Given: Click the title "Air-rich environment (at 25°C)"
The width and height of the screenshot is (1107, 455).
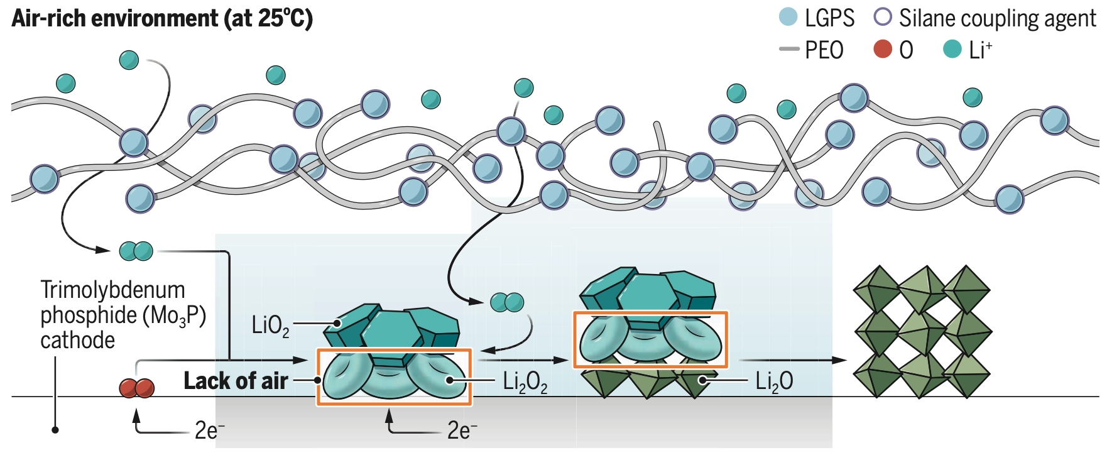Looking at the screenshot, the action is pos(162,18).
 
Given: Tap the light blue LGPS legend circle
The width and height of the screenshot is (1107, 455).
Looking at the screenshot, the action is pos(788,16).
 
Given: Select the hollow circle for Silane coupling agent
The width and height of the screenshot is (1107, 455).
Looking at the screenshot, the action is pos(883,16).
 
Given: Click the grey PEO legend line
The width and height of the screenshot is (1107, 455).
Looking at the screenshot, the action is pos(788,49).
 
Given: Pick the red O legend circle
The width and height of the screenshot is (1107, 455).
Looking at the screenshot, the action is pos(883,48).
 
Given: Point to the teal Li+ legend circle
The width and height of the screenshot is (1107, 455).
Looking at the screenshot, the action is pos(952,48).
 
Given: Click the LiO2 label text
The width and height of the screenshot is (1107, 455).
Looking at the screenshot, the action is pos(270,325).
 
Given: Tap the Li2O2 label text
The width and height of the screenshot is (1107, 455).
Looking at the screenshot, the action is pos(525,381).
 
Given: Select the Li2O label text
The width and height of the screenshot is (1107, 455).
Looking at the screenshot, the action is pos(774,381).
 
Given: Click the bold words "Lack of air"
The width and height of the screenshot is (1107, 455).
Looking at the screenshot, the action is pos(236,380).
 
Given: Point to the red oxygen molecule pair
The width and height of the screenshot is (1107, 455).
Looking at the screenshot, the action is pos(137,388).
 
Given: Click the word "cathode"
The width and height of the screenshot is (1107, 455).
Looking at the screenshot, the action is pos(78,340).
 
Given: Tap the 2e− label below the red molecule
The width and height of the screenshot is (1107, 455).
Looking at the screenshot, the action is pos(210,430).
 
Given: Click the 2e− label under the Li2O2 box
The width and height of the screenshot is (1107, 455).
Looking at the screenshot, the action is pos(462,430).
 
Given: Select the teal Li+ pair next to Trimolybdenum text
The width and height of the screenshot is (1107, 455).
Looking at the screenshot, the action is pos(136,251).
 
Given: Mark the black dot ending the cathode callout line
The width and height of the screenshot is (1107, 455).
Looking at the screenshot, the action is pos(55,430).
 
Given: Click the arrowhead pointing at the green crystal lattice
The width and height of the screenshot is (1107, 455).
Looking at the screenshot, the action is pos(839,360).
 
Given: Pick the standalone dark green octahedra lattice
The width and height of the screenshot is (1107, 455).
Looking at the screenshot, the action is pos(922,332).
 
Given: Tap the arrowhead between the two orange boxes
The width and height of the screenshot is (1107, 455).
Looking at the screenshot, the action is pos(561,360).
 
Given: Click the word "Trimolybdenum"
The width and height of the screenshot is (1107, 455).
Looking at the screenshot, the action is pos(113,290).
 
